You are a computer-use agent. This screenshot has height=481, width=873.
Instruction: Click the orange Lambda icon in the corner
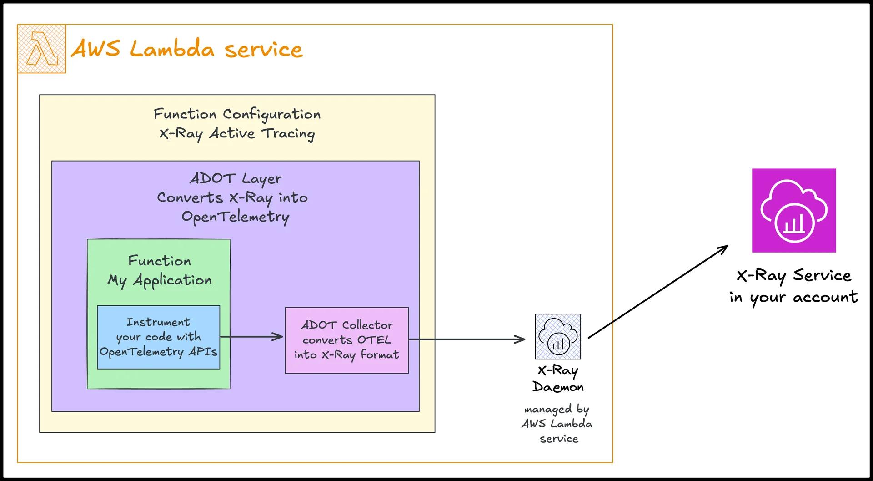(x=41, y=49)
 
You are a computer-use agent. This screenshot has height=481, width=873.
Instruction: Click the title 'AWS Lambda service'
(x=186, y=49)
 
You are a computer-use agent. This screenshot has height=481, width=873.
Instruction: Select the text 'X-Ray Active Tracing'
(x=237, y=134)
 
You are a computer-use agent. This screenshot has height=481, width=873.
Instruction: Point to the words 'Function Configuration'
(x=237, y=114)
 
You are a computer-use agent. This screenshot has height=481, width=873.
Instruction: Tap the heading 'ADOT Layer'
(x=235, y=178)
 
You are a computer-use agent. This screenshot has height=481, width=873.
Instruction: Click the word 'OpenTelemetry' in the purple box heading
(x=235, y=217)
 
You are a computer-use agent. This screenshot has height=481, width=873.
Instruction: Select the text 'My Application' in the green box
(x=160, y=280)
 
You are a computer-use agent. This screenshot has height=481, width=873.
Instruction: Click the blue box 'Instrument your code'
(x=158, y=337)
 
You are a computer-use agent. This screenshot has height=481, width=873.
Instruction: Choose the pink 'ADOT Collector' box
(x=346, y=340)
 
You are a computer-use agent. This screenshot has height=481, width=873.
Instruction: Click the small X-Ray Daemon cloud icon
(x=558, y=337)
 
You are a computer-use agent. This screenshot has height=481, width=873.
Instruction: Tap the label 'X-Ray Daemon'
(x=558, y=379)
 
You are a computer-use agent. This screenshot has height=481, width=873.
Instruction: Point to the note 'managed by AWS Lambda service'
(x=557, y=424)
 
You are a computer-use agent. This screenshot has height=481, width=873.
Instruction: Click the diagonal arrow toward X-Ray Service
(x=658, y=292)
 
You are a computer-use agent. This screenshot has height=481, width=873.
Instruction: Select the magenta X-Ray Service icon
(x=794, y=210)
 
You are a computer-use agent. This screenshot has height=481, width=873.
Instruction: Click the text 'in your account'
(x=793, y=297)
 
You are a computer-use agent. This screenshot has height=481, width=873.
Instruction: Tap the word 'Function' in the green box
(x=160, y=261)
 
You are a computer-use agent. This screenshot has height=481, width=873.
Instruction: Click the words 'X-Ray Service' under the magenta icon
(x=793, y=275)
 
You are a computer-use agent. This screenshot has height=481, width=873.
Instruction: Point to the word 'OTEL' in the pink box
(x=374, y=340)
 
